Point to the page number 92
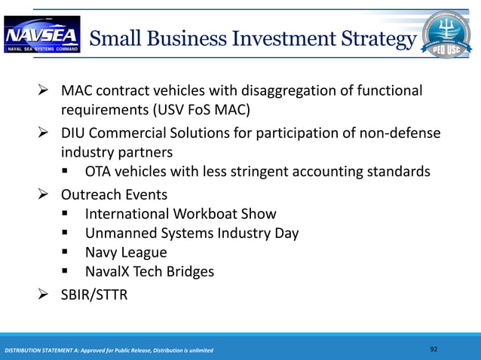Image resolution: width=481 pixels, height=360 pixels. pos(434,349)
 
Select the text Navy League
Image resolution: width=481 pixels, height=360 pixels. pos(126,252)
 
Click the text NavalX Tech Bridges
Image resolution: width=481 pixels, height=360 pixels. pos(149,272)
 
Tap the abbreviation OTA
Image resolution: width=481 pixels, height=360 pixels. pos(100,172)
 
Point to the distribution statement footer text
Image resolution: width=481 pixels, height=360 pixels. pos(109,351)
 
